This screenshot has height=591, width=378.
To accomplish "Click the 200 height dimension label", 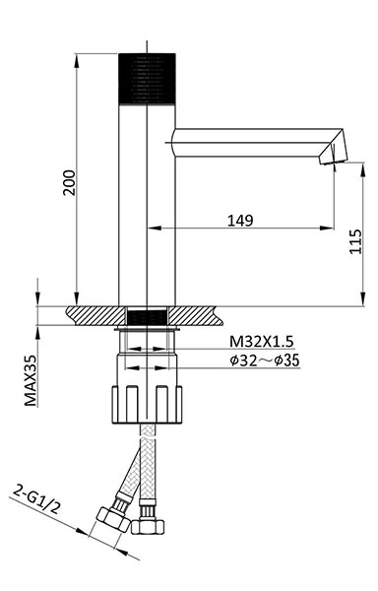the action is tap(69, 183).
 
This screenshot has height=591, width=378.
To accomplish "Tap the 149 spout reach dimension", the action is tap(240, 220).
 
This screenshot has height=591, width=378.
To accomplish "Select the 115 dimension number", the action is tap(355, 241).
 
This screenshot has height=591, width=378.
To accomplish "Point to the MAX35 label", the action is tap(31, 380).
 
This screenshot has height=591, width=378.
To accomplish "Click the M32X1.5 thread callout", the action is tap(261, 342).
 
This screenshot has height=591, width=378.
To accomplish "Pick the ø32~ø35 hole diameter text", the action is tap(265, 361).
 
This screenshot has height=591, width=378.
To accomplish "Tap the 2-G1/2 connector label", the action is tap(36, 499).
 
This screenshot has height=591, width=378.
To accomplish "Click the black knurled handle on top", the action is tap(147, 79).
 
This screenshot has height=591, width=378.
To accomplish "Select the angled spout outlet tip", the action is tap(334, 148).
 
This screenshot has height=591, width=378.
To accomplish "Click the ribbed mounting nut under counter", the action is tap(147, 405).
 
